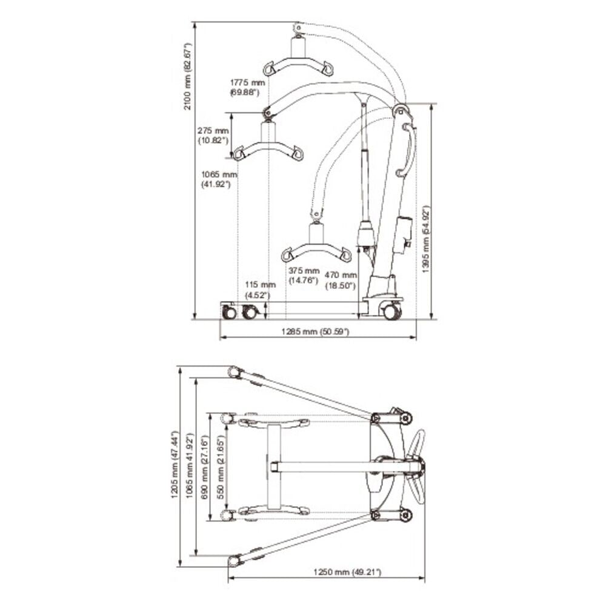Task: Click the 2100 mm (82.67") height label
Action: click(187, 76)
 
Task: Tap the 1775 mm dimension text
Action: click(248, 82)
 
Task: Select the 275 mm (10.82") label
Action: click(213, 135)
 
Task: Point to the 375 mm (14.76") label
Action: click(304, 276)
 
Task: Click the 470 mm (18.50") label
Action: click(341, 281)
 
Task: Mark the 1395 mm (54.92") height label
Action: click(425, 239)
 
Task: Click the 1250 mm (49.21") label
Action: click(347, 572)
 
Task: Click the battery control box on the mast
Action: click(403, 234)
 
